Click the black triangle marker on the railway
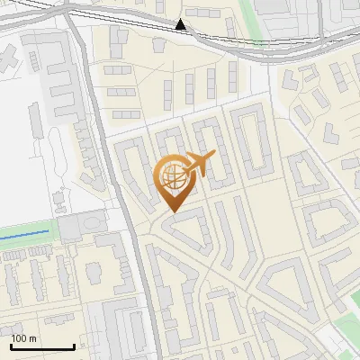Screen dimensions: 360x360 tap(181, 24)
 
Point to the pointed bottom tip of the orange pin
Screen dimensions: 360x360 tap(172, 211)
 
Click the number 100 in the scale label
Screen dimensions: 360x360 tap(19, 338)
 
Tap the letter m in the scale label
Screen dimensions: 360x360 tap(32, 338)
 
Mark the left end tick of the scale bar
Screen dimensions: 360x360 tap(12, 346)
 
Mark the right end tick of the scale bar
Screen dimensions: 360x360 tap(74, 346)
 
